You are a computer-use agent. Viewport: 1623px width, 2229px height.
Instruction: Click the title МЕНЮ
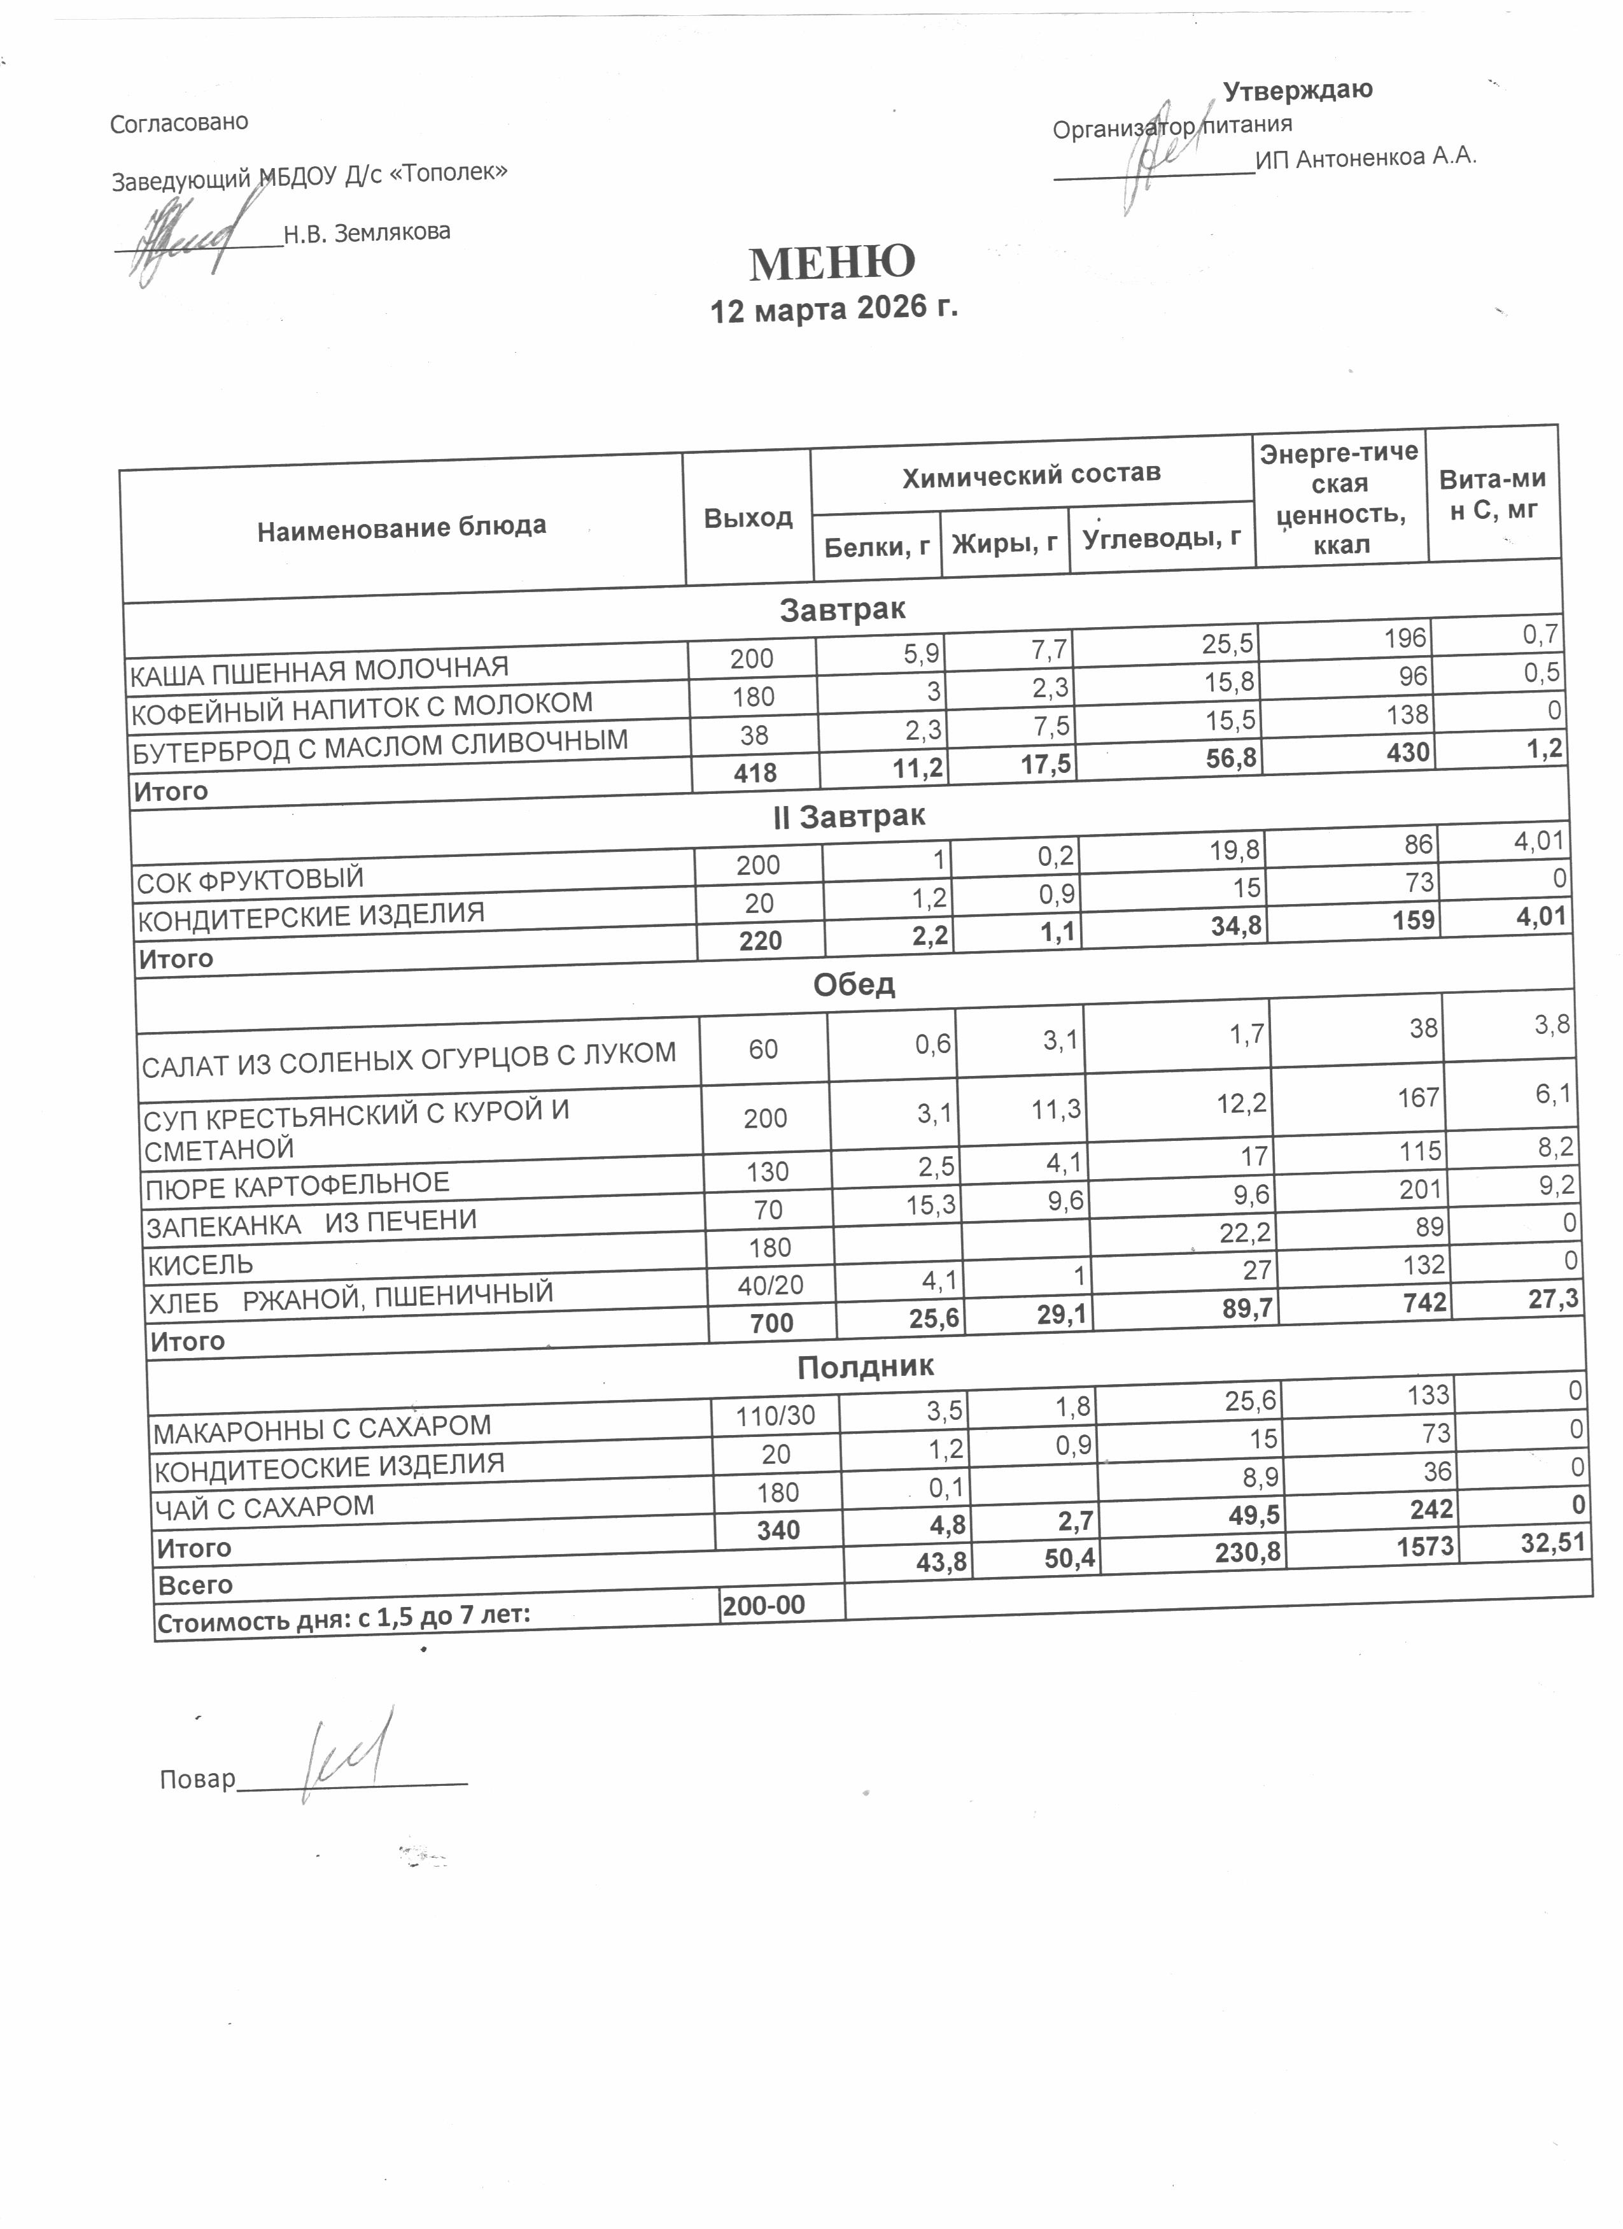pos(831,262)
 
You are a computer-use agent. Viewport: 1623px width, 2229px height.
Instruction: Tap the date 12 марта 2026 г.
pos(833,309)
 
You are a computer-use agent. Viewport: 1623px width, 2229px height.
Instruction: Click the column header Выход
pos(748,518)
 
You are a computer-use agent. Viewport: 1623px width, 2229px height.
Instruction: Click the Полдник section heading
pos(864,1367)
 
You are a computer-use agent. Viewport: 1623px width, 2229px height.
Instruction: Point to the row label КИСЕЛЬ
pos(199,1264)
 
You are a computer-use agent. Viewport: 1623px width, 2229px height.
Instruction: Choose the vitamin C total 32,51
pos(1552,1542)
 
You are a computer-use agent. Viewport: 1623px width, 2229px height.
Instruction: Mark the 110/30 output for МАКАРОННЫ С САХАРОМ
pos(775,1416)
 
